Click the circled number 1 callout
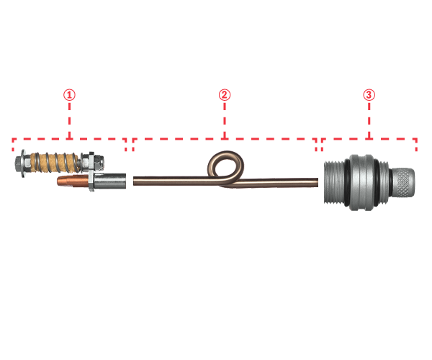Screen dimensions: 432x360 69,94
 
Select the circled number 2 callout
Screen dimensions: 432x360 225,94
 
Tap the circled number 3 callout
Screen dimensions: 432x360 369,94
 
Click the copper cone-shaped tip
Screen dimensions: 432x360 73,181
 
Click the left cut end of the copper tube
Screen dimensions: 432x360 135,181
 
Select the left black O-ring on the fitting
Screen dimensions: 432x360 347,183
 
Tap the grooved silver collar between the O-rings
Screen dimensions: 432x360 361,183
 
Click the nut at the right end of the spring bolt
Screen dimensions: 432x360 99,164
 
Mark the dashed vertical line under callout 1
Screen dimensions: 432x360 69,120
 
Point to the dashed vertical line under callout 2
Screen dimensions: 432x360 225,120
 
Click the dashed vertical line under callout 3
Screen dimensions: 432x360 369,120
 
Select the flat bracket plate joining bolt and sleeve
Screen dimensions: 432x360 91,171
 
